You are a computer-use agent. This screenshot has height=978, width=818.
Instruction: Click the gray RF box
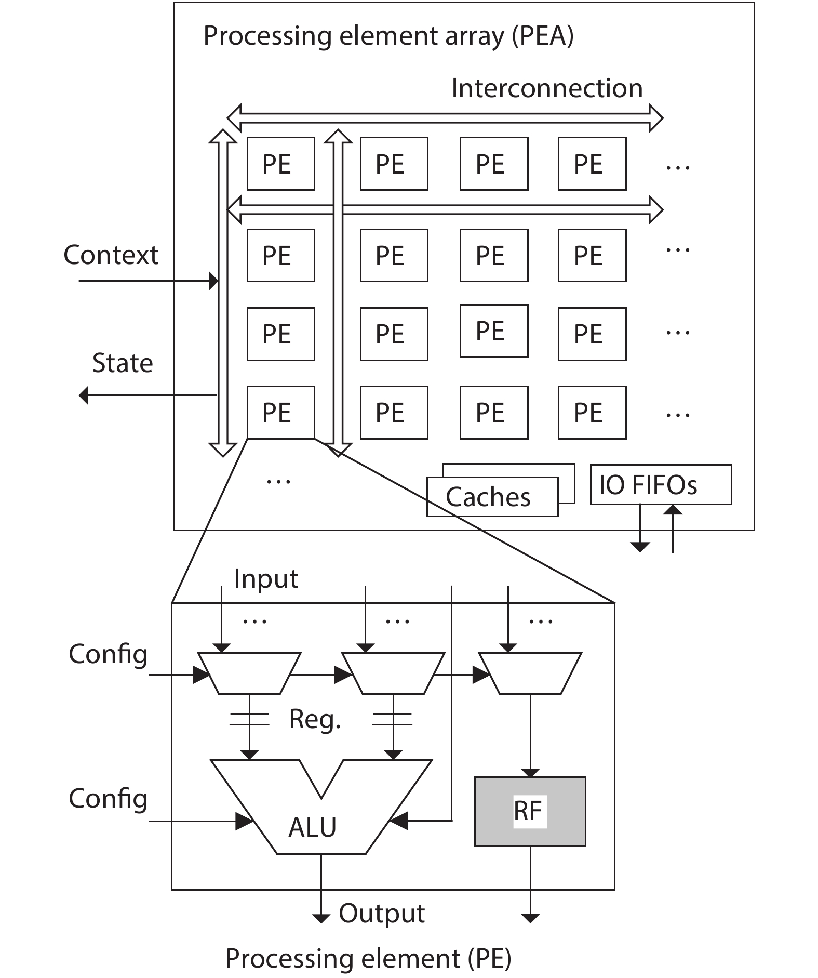pos(530,811)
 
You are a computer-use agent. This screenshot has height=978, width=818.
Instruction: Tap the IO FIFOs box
pos(660,484)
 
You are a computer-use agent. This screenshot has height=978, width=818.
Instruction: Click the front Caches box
pos(491,497)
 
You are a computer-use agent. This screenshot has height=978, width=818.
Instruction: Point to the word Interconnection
pos(546,88)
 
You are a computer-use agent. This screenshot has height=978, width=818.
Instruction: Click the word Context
pos(111,255)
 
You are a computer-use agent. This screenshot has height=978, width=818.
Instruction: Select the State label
pos(123,363)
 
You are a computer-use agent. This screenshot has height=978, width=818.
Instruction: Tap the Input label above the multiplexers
pos(266,578)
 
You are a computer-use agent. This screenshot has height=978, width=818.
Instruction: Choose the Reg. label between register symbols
pos(315,720)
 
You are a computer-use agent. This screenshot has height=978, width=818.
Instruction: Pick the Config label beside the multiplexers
pos(108,654)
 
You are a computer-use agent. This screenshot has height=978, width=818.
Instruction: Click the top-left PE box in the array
pos(280,164)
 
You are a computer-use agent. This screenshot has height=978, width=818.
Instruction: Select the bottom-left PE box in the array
pos(280,412)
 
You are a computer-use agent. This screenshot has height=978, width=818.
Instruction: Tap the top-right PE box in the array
pos(592,164)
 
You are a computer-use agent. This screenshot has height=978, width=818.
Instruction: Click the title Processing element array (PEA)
pos(388,36)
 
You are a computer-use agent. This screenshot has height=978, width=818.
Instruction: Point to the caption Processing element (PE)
pos(368,958)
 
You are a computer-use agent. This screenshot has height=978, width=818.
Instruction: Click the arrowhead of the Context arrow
pos(213,281)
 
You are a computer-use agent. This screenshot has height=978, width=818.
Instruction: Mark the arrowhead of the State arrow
pos(84,395)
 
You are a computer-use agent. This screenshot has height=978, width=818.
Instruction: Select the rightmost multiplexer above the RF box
pos(530,673)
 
